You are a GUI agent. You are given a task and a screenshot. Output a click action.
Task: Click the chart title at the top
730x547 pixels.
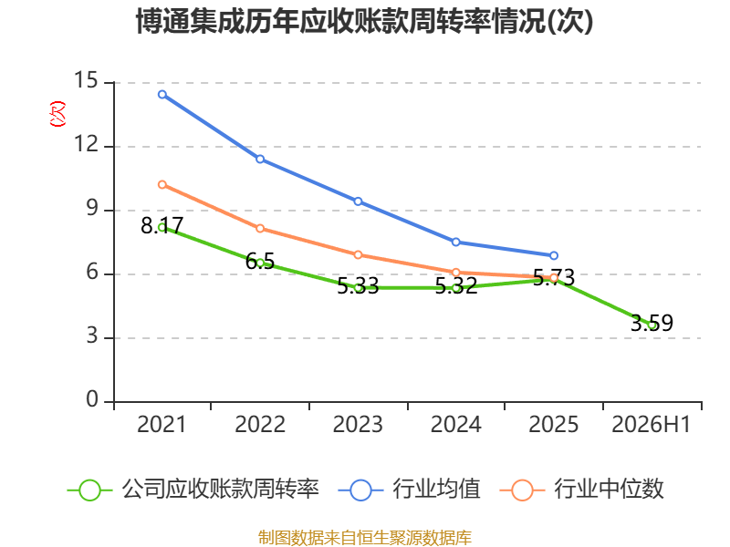(x=364, y=21)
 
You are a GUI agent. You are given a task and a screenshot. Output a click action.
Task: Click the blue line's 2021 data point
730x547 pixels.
(x=162, y=95)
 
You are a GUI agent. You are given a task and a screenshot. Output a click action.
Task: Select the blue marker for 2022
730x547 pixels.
(x=260, y=159)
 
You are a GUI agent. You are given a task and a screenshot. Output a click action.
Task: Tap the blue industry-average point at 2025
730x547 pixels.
(x=554, y=255)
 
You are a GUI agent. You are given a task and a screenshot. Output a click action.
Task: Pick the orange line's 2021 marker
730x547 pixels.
(x=162, y=185)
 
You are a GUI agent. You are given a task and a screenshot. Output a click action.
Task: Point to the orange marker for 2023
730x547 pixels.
(x=358, y=255)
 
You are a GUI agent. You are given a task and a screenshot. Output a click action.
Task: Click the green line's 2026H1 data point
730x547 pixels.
(x=652, y=325)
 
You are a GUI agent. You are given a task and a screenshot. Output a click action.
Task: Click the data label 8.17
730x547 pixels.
(x=162, y=225)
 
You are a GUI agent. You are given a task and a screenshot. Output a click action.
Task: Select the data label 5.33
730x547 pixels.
(x=358, y=286)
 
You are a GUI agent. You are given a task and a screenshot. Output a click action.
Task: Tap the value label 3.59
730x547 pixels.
(x=652, y=323)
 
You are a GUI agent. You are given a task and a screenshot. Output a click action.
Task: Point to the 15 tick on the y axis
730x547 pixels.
(x=86, y=80)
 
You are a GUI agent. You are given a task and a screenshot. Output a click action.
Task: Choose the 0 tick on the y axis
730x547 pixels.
(x=92, y=399)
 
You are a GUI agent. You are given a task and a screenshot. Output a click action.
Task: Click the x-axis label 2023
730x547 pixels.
(x=358, y=424)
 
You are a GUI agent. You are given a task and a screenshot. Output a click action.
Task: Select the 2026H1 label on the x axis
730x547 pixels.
(x=651, y=424)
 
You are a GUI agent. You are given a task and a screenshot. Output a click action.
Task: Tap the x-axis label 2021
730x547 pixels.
(x=162, y=424)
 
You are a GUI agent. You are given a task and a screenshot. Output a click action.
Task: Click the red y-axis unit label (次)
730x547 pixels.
(x=57, y=114)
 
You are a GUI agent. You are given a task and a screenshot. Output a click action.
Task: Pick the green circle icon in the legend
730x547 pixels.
(x=89, y=490)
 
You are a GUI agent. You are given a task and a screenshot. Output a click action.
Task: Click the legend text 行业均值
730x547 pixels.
(x=436, y=489)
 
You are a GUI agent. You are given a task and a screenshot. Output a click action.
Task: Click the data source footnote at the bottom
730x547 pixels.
(x=365, y=538)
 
